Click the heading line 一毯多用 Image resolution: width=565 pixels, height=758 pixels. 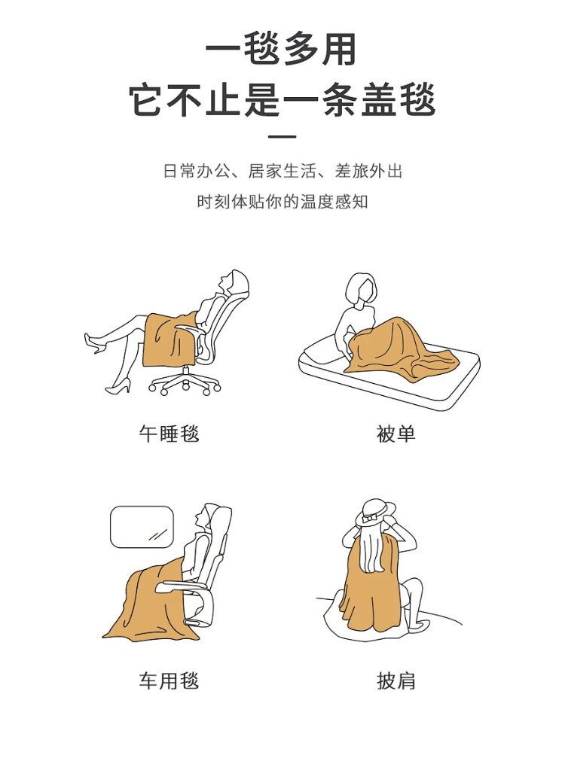coord(281,49)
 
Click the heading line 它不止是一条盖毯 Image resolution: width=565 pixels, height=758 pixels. coord(282,99)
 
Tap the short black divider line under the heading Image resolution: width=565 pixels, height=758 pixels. coord(282,137)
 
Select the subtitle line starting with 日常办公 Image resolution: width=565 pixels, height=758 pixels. coord(282,171)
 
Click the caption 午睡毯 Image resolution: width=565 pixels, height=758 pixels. coord(169,433)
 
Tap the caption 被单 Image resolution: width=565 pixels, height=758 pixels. coord(395,433)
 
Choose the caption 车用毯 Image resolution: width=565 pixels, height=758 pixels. coord(169,680)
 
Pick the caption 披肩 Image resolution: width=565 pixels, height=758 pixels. coord(395,680)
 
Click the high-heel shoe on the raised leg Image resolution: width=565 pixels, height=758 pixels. coord(94,342)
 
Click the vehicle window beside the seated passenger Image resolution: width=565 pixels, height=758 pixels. coord(142,527)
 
